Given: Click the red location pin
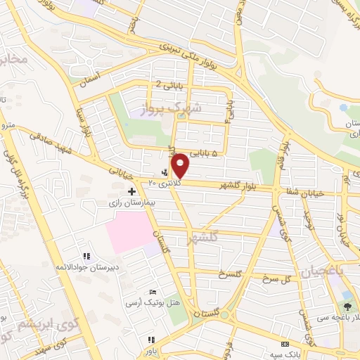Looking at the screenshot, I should click(x=181, y=165).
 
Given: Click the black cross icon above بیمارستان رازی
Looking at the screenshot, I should click(x=131, y=191).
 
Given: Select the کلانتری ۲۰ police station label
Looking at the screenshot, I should click(x=165, y=182).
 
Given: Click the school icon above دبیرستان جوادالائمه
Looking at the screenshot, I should click(x=86, y=257).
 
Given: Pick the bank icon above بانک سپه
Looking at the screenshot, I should click(x=285, y=344).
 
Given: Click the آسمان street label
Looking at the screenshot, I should click(x=91, y=78).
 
